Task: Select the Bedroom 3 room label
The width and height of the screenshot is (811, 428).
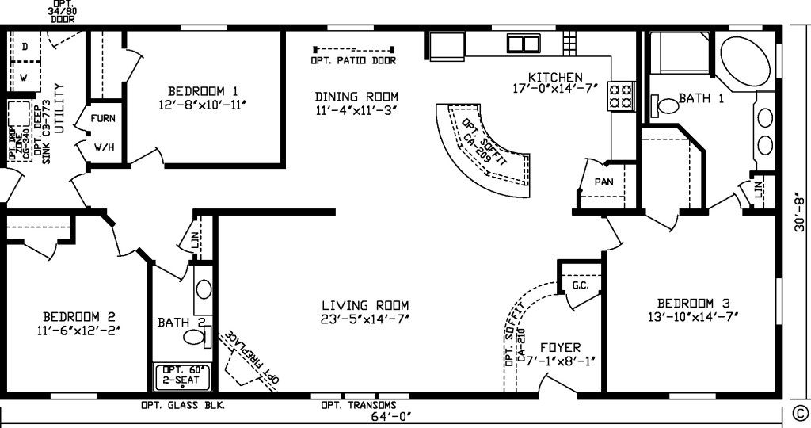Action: pos(693,303)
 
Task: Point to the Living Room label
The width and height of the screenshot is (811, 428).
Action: pos(365,305)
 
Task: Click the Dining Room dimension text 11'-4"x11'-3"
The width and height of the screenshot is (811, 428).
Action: pos(356,111)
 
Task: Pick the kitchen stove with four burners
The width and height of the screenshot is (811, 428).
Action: pos(620,96)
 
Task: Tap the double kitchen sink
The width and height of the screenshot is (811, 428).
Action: pos(523,43)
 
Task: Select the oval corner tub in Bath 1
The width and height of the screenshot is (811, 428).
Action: pos(745,59)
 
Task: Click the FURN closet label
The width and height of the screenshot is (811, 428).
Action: pos(103,118)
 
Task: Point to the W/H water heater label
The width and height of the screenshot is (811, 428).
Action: pos(103,147)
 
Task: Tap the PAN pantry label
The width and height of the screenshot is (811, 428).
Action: pos(603,182)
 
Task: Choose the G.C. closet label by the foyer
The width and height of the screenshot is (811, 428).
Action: pos(580,285)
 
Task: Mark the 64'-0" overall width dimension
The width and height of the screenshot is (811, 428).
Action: pos(392,416)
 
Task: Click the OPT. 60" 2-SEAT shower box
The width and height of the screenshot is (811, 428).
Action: pos(181,376)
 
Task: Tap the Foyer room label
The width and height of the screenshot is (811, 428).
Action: pos(560,347)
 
